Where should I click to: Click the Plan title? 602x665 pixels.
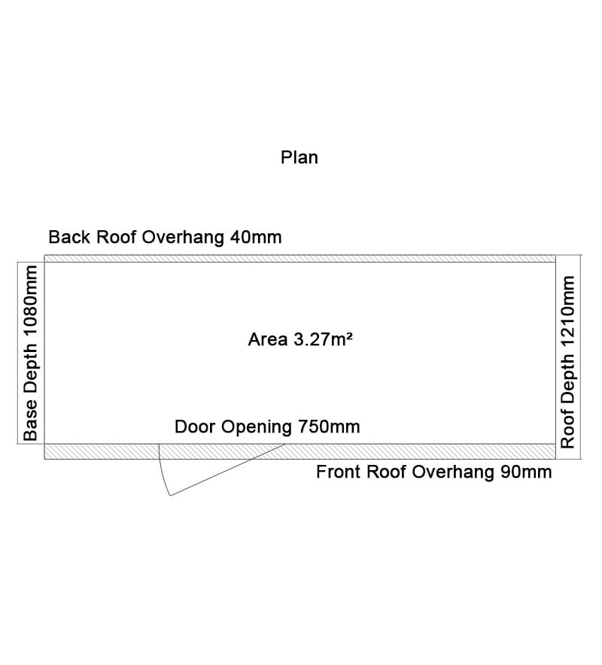[299, 157]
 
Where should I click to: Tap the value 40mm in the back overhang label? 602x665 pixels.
[256, 237]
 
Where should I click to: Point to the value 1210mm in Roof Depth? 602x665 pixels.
[567, 313]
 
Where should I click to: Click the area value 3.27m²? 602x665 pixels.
[323, 339]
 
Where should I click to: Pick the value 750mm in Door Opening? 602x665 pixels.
[329, 427]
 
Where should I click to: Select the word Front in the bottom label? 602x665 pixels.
[339, 472]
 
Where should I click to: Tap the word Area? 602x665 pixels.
[268, 339]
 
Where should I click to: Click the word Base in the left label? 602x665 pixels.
[31, 421]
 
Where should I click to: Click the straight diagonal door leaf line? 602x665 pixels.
[227, 469]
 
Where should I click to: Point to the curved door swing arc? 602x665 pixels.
[163, 470]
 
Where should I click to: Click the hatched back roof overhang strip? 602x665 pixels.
[300, 259]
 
